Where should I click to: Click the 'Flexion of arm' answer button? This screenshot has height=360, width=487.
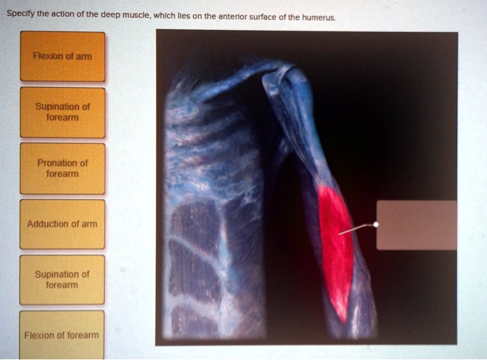(63, 56)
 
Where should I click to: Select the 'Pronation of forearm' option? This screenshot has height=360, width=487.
(63, 169)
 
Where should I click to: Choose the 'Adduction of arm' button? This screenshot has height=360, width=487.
(63, 224)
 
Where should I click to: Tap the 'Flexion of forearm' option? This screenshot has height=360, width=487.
(63, 336)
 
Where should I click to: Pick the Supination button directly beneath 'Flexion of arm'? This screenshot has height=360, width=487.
(63, 112)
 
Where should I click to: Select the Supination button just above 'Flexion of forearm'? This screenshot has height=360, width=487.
(63, 280)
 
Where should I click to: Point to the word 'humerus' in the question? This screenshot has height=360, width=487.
(319, 17)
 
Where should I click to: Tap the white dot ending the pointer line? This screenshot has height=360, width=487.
(376, 225)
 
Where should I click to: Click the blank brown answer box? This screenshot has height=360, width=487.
(417, 225)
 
